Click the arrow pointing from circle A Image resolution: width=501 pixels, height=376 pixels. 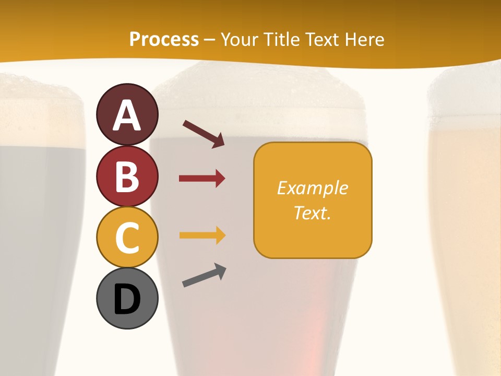point(204,134)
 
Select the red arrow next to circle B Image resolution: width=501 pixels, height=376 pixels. point(202,179)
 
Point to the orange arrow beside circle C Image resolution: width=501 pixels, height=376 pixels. point(202,236)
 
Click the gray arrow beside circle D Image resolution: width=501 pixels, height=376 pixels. point(204,275)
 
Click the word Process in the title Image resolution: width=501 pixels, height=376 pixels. point(164,40)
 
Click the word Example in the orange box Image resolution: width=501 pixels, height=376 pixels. point(312,188)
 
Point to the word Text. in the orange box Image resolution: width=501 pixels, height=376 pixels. point(312,213)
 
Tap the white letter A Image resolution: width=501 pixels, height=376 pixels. point(127,116)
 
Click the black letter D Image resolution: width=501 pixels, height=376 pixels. point(127,300)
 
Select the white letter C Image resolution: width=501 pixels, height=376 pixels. point(127,238)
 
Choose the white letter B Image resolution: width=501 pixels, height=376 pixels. point(127,177)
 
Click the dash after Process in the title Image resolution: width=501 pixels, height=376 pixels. point(210,40)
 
